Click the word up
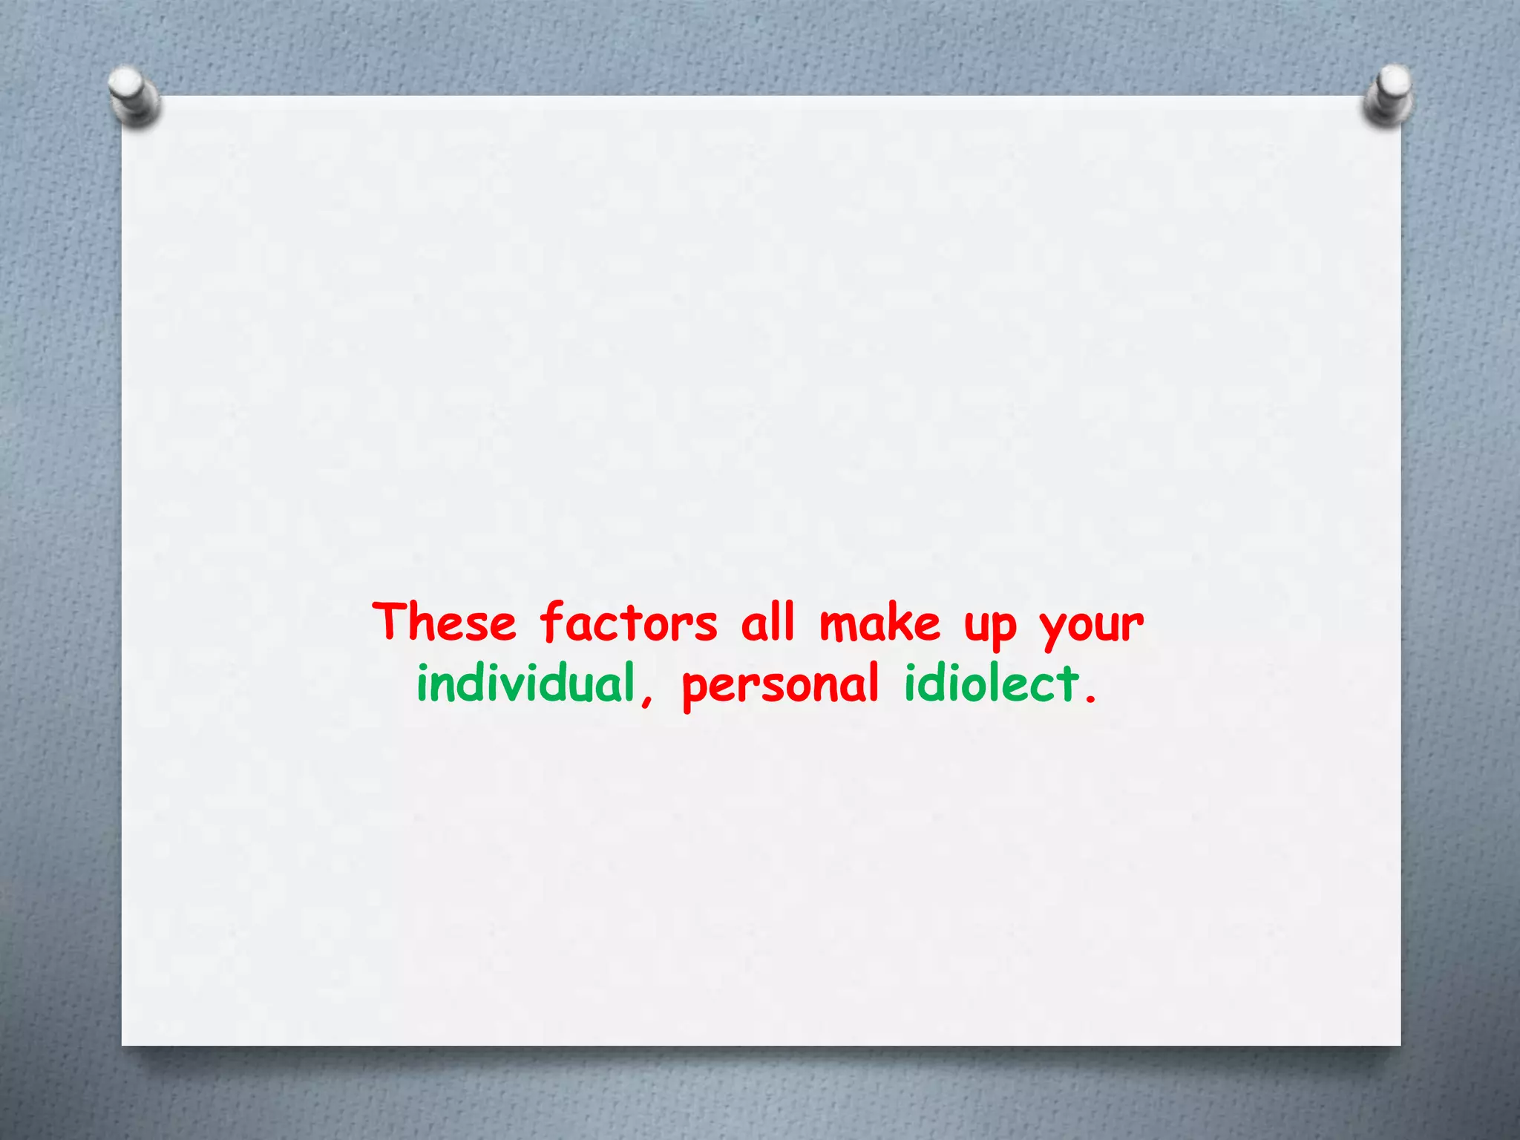coord(990,627)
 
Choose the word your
coord(1092,627)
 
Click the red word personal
coord(780,687)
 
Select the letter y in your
coord(1053,629)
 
